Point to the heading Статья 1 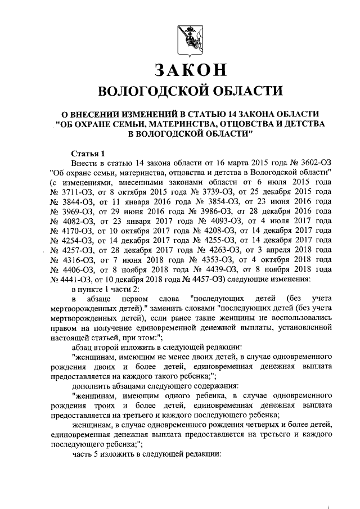point(89,154)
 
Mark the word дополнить point(90,384)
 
